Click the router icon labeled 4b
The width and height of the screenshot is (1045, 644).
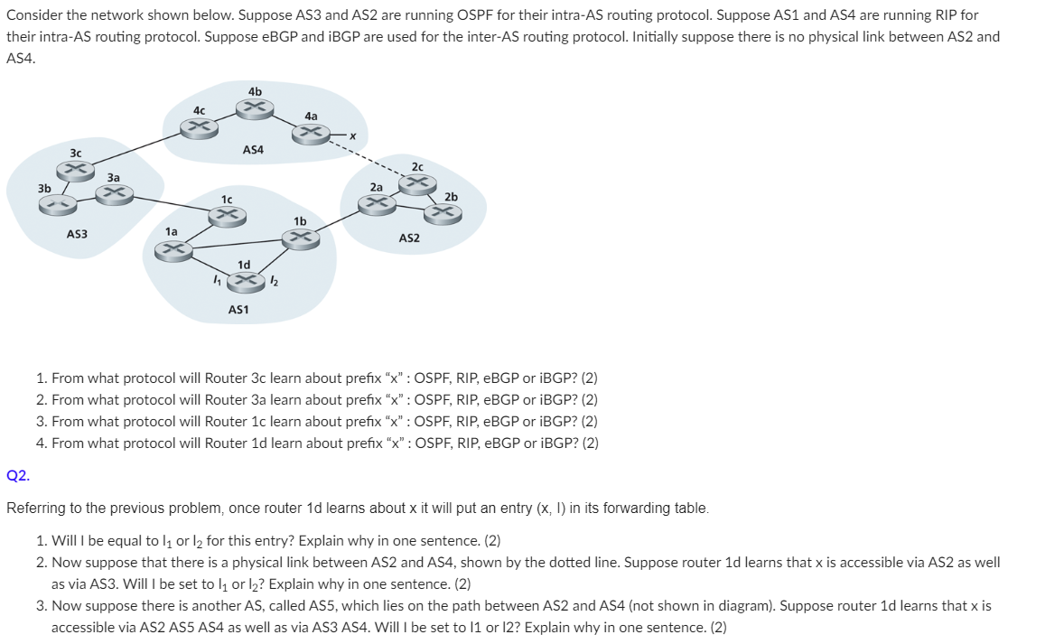[254, 108]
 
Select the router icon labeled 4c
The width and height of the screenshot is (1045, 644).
[199, 127]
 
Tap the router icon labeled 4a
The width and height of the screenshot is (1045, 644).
[311, 134]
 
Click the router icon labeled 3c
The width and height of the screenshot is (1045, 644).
[76, 170]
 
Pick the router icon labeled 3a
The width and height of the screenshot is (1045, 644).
[115, 193]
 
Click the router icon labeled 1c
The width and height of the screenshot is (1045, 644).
[226, 215]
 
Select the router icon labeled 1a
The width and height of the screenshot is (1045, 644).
[177, 249]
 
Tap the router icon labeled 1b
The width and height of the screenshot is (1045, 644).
[300, 238]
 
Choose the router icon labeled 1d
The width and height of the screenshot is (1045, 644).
[243, 282]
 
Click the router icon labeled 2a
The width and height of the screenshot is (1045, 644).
[376, 204]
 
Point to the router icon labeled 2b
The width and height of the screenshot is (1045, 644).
[443, 213]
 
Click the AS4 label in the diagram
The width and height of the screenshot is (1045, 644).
[253, 150]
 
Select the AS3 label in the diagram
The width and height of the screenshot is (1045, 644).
[77, 235]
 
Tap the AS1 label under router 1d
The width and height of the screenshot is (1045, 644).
[238, 310]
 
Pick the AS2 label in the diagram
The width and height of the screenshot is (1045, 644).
[409, 238]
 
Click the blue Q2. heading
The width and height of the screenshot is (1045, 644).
[17, 475]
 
